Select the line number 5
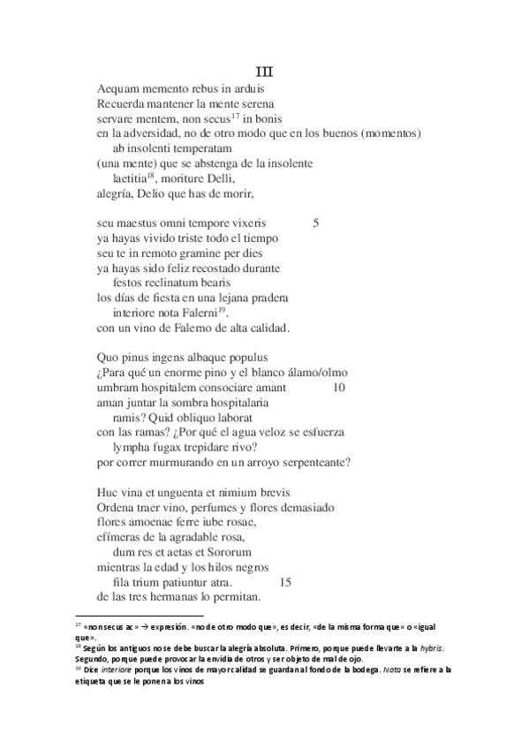[316, 223]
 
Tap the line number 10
[340, 386]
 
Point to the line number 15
[284, 582]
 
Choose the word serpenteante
[306, 461]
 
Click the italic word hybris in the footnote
[431, 647]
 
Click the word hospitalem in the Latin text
[164, 386]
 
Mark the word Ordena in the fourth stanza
[118, 506]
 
